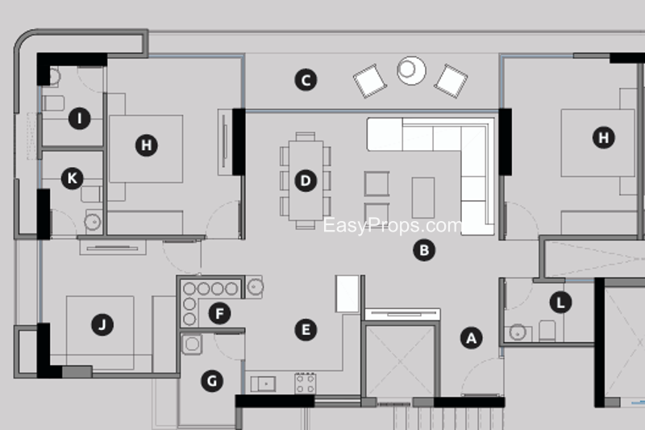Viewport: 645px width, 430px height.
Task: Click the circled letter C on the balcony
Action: pyautogui.click(x=306, y=80)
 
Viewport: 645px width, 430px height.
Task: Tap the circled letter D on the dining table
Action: pyautogui.click(x=306, y=181)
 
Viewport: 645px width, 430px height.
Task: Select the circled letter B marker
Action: pyautogui.click(x=424, y=250)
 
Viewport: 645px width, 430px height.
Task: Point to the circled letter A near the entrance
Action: pyautogui.click(x=472, y=338)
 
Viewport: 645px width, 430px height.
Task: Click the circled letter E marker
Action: pyautogui.click(x=306, y=330)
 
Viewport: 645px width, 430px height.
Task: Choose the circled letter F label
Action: pyautogui.click(x=219, y=313)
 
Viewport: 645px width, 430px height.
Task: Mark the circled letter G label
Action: pyautogui.click(x=212, y=381)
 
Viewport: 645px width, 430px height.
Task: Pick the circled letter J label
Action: pyautogui.click(x=102, y=324)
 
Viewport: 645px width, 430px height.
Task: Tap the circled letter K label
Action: pyautogui.click(x=73, y=178)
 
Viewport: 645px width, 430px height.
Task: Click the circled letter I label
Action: pyautogui.click(x=80, y=119)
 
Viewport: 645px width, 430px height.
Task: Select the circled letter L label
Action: pyautogui.click(x=560, y=303)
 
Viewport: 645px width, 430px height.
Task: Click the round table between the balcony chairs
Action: pyautogui.click(x=411, y=70)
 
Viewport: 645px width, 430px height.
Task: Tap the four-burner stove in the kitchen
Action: pyautogui.click(x=306, y=383)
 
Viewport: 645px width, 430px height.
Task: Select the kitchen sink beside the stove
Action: pyautogui.click(x=264, y=384)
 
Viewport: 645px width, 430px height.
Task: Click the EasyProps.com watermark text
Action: pyautogui.click(x=393, y=226)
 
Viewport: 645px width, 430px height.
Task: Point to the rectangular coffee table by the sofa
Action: pyautogui.click(x=423, y=198)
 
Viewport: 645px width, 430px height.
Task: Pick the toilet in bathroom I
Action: pyautogui.click(x=53, y=103)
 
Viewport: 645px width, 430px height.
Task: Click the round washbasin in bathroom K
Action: pyautogui.click(x=93, y=222)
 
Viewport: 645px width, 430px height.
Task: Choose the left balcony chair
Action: pyautogui.click(x=370, y=81)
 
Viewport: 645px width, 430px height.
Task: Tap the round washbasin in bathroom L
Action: pyautogui.click(x=518, y=332)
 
